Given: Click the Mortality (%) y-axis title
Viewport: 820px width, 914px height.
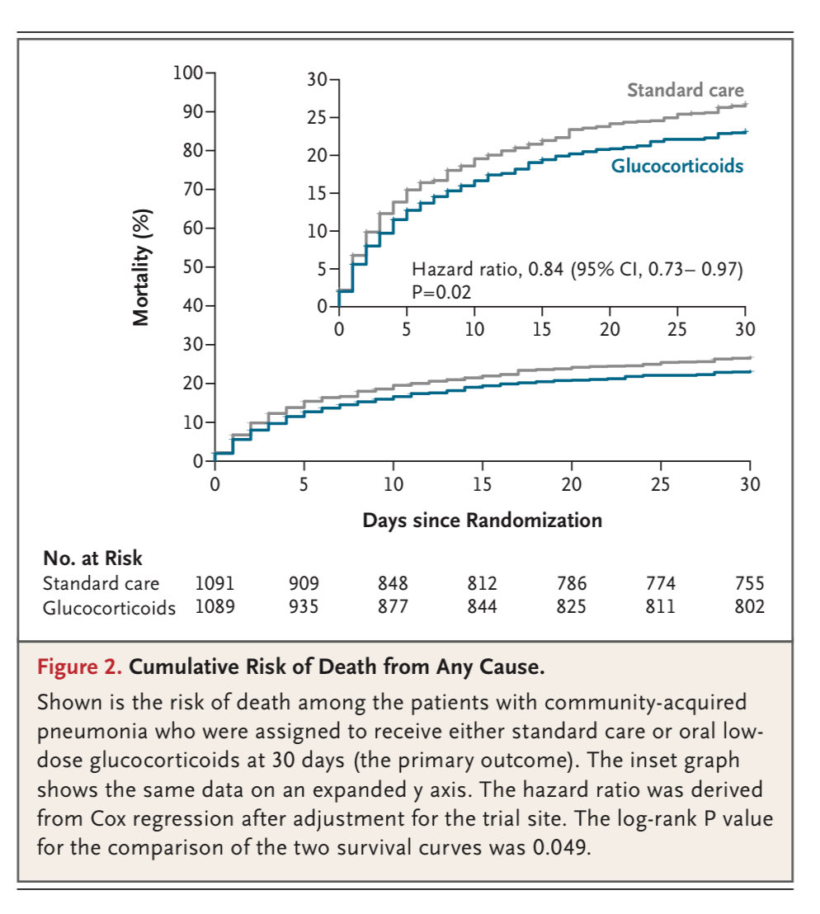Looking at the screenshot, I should coord(143,266).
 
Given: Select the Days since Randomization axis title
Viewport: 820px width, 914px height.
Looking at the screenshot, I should coord(482,521).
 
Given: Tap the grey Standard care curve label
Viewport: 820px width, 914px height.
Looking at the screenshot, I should coord(685,90).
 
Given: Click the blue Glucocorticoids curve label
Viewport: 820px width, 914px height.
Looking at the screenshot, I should coord(676,166).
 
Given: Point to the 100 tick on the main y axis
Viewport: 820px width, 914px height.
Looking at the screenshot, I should coord(188,73).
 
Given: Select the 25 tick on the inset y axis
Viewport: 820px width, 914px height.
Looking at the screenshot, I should coord(316,118).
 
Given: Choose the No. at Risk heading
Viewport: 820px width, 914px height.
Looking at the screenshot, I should coord(92,559).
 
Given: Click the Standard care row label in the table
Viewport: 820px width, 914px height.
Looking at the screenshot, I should coord(101,584).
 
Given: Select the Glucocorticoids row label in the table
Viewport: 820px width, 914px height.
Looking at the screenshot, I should coord(109,608).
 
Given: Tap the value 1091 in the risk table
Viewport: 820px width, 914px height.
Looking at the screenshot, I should coord(214,584).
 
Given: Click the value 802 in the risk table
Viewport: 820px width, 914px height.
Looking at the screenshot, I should coord(749,608).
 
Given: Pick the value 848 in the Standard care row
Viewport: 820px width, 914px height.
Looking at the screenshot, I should coord(393,584).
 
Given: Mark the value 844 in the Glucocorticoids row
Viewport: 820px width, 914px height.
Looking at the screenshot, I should coord(482,608).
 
